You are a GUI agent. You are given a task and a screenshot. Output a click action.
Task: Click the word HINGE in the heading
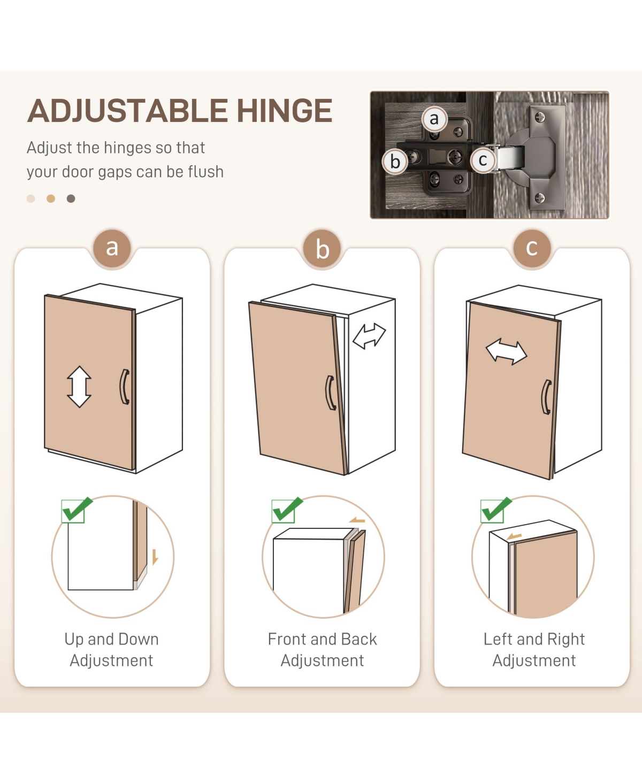pyautogui.click(x=285, y=110)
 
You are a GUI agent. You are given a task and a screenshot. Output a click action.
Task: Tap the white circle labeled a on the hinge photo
pyautogui.click(x=434, y=119)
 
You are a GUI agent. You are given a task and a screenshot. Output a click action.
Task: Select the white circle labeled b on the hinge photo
pyautogui.click(x=395, y=162)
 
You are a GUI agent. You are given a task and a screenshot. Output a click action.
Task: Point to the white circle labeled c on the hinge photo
pyautogui.click(x=483, y=160)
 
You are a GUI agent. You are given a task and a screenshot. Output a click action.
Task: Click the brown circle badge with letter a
pyautogui.click(x=112, y=248)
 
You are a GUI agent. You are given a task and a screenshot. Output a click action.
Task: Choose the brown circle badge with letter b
pyautogui.click(x=322, y=248)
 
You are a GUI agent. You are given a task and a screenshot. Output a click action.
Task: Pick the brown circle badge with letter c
pyautogui.click(x=532, y=248)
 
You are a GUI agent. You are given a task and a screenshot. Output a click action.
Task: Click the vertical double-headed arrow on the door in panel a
pyautogui.click(x=79, y=387)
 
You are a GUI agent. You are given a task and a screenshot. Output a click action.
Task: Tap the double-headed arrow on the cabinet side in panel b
pyautogui.click(x=369, y=336)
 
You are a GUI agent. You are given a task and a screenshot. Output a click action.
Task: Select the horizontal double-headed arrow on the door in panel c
pyautogui.click(x=506, y=351)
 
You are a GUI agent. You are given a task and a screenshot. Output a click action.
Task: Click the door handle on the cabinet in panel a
pyautogui.click(x=125, y=387)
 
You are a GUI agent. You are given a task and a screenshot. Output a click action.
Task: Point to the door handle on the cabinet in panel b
pyautogui.click(x=330, y=393)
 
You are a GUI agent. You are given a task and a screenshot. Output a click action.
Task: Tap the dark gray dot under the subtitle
pyautogui.click(x=71, y=198)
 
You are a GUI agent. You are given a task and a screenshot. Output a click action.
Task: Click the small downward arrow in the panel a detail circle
pyautogui.click(x=155, y=557)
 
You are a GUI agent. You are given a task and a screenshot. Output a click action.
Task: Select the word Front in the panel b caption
pyautogui.click(x=287, y=639)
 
